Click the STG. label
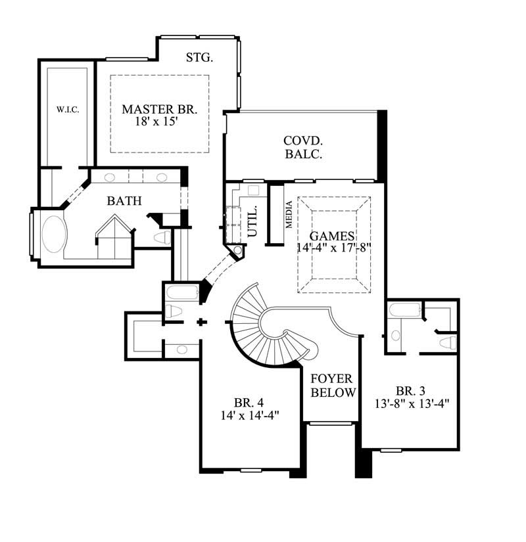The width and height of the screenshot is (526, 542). (199, 58)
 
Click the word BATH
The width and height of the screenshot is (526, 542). (124, 201)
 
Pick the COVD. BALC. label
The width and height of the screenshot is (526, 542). (302, 148)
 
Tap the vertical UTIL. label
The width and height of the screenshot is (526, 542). (253, 220)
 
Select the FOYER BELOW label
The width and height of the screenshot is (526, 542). (333, 386)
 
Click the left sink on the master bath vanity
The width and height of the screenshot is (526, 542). (110, 177)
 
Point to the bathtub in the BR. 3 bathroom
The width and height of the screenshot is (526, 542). (402, 311)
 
